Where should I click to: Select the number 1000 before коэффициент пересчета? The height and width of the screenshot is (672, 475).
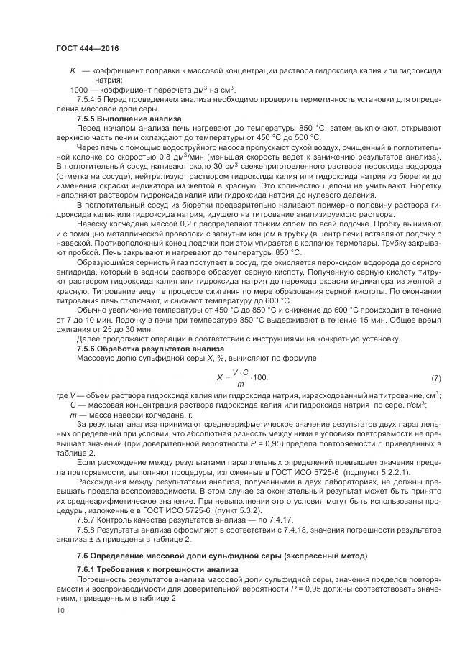78,89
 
